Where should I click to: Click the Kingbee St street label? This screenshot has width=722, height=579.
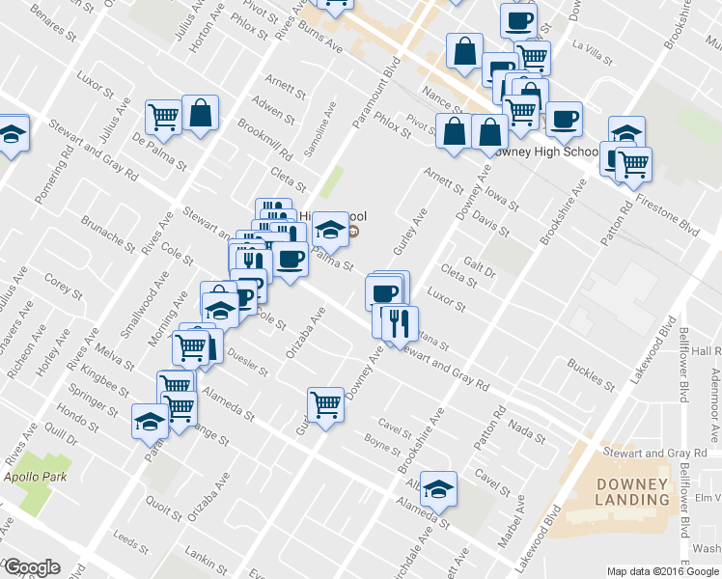tap(105, 375)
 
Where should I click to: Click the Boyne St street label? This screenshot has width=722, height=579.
tap(383, 445)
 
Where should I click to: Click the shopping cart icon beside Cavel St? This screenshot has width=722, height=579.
tap(325, 403)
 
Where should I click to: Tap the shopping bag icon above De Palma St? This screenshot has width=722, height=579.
tap(200, 113)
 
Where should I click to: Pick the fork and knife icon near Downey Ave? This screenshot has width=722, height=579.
tap(400, 322)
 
